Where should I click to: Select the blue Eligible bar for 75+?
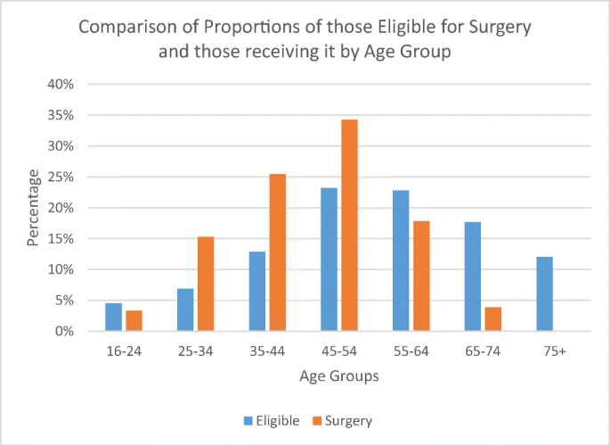[544, 294]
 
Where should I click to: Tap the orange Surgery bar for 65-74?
[492, 319]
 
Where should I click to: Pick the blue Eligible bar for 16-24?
[113, 318]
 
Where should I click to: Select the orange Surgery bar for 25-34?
[206, 284]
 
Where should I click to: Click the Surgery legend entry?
[341, 419]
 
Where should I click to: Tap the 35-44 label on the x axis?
[267, 351]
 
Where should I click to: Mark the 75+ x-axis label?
[554, 351]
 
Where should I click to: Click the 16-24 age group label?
[124, 351]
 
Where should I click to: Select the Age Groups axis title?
[338, 376]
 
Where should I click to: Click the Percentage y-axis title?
[34, 208]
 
